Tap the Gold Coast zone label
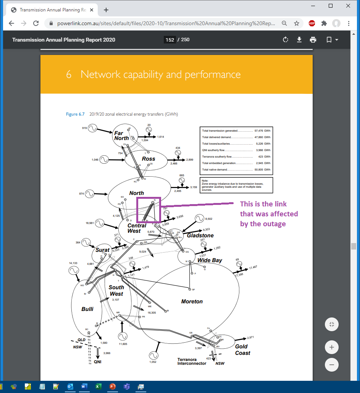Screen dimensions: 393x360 [x=242, y=350]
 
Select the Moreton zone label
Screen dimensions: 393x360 [x=192, y=301]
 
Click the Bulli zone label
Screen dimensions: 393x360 [x=87, y=309]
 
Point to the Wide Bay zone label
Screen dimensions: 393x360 [x=210, y=260]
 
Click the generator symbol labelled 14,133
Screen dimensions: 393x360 [x=74, y=271]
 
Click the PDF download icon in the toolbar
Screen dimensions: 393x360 [x=299, y=40]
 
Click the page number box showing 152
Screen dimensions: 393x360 [x=170, y=40]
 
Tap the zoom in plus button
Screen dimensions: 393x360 [x=331, y=347]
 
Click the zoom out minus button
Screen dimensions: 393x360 [x=331, y=364]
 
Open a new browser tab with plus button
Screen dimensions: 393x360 [x=106, y=10]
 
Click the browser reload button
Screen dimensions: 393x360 [x=36, y=23]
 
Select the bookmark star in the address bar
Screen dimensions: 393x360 [x=296, y=23]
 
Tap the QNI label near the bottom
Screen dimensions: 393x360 [x=97, y=362]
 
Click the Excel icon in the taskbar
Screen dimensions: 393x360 [x=98, y=387]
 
